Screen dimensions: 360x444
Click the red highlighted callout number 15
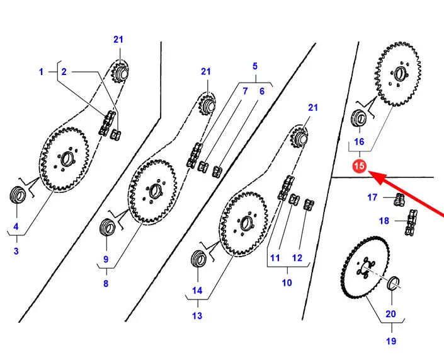pos(359,167)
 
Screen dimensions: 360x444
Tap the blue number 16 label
pos(359,141)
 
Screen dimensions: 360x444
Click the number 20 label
pos(391,314)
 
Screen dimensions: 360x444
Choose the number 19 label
pos(390,341)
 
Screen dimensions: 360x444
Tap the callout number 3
pos(16,251)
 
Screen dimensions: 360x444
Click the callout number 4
pos(16,226)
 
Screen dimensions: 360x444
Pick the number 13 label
pos(197,316)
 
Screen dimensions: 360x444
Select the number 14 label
pos(197,291)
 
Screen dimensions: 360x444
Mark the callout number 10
pos(287,283)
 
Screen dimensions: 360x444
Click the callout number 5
pos(255,66)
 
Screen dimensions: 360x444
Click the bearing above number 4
pos(18,194)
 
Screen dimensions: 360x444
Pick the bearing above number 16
pos(358,117)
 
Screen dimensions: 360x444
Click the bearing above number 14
pos(198,258)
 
